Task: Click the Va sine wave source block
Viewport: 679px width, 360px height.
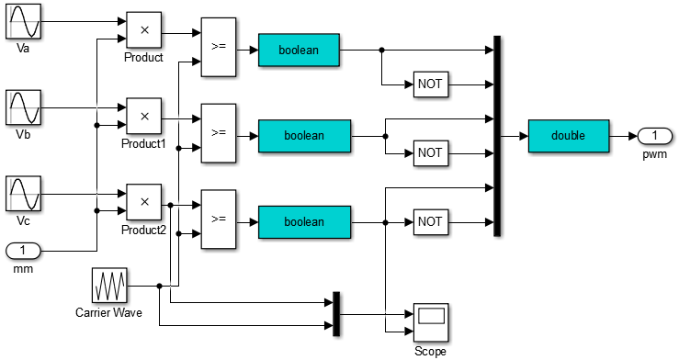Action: pos(24,21)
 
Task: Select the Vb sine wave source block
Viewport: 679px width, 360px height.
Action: pos(24,107)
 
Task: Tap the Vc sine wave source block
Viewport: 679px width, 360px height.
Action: pos(24,195)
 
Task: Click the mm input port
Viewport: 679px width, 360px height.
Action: pos(24,250)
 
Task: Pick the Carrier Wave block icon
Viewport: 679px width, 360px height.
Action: pos(110,286)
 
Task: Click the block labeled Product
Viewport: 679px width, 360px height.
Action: pos(143,30)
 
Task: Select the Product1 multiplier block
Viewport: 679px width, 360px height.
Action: pos(143,117)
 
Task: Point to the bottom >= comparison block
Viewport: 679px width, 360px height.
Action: pos(218,219)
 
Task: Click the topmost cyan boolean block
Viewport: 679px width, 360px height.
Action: pos(300,51)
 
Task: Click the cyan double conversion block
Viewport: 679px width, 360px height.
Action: pos(569,136)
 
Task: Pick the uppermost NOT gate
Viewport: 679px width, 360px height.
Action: pos(430,84)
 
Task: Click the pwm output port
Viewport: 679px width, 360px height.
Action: pos(654,136)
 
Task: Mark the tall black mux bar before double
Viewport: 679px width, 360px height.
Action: pos(497,136)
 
